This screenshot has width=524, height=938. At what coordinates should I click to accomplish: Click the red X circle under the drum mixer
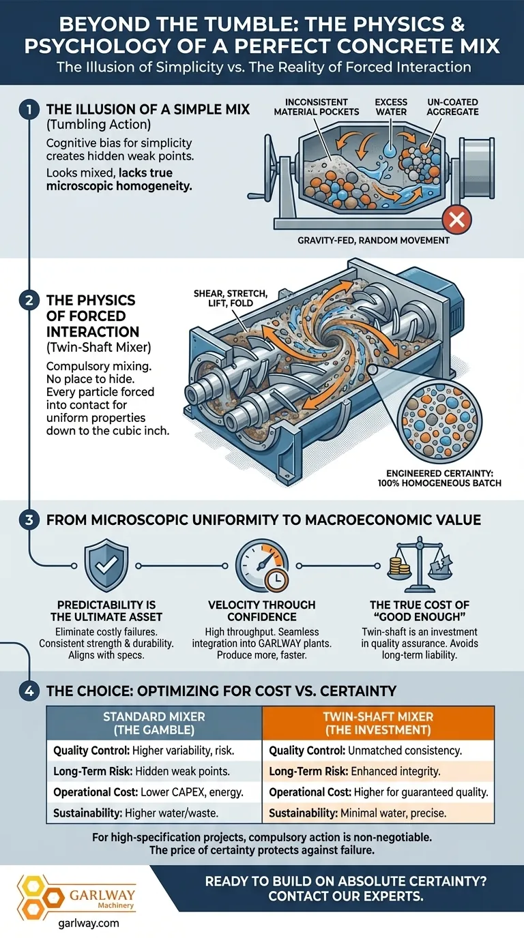point(456,220)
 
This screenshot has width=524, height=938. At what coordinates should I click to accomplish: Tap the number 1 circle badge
point(29,110)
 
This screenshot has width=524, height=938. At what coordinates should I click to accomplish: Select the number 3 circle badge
point(29,519)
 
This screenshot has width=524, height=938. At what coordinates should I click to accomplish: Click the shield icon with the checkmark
point(106,565)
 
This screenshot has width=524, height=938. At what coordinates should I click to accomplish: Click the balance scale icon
point(420,563)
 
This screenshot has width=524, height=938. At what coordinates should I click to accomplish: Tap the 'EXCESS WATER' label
point(391,107)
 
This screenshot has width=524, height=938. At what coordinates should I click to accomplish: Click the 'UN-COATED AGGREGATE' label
point(453,107)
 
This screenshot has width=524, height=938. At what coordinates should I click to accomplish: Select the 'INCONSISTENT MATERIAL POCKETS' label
point(317,107)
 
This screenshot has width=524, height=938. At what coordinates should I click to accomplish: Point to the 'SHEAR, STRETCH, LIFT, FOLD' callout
point(230,298)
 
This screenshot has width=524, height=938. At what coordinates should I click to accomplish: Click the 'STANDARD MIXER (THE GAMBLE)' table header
point(154,723)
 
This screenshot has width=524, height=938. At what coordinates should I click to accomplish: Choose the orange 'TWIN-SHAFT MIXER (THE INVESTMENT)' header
point(378,723)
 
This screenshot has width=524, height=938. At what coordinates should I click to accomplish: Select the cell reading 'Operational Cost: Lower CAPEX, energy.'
point(148,792)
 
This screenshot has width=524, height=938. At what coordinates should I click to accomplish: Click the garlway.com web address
point(89,922)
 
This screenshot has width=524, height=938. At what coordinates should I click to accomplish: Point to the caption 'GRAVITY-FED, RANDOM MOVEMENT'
point(373,241)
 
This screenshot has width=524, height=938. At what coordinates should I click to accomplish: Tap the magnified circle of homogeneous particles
point(439,421)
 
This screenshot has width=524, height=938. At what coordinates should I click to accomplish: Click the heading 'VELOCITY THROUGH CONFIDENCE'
point(261,611)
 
